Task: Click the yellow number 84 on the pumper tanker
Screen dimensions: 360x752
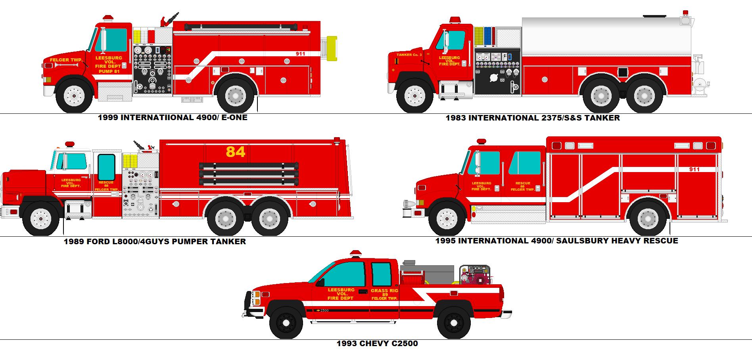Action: click(236, 152)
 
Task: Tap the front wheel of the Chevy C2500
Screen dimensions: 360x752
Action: click(286, 323)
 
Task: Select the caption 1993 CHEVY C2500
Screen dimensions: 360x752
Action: click(377, 343)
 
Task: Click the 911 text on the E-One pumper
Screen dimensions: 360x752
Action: click(300, 54)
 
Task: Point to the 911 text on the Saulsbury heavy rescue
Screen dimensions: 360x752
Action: click(694, 169)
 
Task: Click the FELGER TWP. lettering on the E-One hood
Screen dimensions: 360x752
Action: click(66, 60)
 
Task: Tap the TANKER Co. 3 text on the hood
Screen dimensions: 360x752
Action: click(409, 55)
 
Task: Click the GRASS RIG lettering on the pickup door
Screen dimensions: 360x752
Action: click(384, 291)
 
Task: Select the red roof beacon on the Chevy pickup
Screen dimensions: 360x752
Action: click(355, 253)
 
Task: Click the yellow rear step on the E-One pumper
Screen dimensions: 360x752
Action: click(332, 48)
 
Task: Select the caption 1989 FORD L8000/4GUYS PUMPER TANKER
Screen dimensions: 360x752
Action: click(155, 241)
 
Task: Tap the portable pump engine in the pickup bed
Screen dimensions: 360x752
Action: click(476, 275)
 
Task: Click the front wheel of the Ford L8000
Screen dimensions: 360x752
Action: click(40, 218)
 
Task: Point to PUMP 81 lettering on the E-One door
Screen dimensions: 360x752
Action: click(109, 71)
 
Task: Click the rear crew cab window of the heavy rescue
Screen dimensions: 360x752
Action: click(525, 163)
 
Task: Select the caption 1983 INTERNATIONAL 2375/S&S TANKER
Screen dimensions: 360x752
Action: click(532, 118)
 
